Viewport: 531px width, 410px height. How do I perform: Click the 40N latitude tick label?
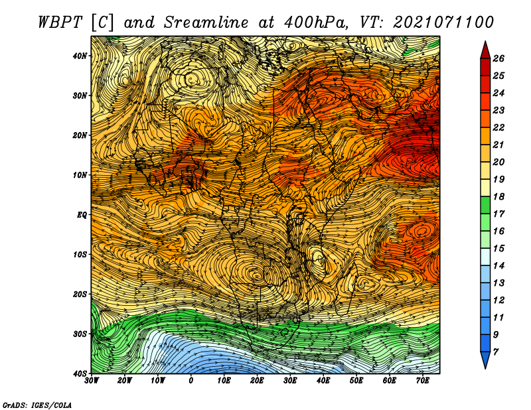tap(80, 56)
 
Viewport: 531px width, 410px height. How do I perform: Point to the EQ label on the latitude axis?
tap(82, 215)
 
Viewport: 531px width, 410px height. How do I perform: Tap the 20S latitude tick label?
tap(80, 294)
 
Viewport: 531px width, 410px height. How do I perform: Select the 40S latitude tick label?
tap(80, 374)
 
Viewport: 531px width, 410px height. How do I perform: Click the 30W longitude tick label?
tap(92, 381)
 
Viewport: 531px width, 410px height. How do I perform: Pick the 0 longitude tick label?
tap(191, 381)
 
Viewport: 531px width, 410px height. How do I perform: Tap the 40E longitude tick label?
tap(323, 381)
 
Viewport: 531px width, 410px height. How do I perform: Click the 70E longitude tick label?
tap(423, 381)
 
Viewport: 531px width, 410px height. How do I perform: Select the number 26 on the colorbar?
tap(498, 58)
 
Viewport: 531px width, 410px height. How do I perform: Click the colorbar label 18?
tap(498, 196)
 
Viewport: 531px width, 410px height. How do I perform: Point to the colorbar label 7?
tap(496, 352)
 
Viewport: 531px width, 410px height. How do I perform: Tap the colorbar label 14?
tap(498, 266)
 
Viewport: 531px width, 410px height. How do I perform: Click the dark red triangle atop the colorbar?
tap(485, 51)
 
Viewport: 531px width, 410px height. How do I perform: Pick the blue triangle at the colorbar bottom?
tap(485, 360)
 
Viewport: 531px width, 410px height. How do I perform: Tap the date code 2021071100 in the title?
tap(443, 23)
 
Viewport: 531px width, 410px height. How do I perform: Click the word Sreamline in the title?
tap(206, 23)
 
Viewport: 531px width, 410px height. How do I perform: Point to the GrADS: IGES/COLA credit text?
tap(37, 405)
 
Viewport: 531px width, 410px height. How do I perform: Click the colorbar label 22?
tap(498, 127)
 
